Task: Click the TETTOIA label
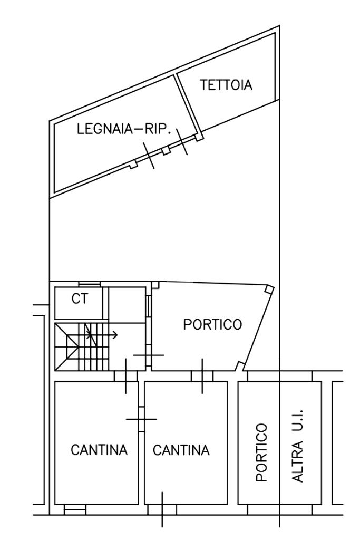[226, 85]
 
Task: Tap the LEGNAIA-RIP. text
[124, 130]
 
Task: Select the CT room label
[80, 298]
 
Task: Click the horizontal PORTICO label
[212, 324]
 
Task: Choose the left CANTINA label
[99, 450]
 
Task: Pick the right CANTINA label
[181, 450]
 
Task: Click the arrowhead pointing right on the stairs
[115, 334]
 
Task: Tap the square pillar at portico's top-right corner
[269, 289]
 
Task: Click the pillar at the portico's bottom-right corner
[240, 366]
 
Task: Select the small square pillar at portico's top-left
[155, 285]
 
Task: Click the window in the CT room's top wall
[90, 284]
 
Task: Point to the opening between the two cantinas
[141, 419]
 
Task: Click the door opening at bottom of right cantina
[162, 509]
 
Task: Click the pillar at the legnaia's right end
[199, 137]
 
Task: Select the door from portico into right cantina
[202, 376]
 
